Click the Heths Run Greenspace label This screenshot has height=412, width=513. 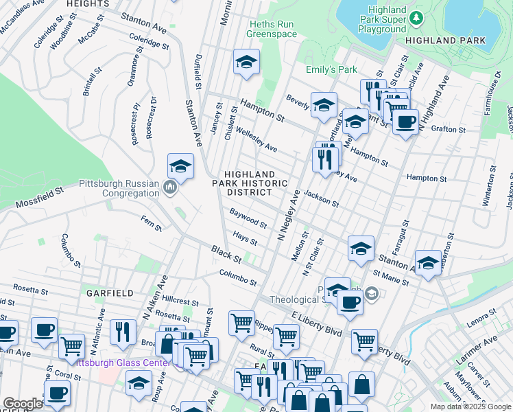[x=272, y=29]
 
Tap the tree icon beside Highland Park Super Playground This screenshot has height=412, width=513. [x=414, y=16]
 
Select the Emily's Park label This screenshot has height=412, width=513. [x=332, y=69]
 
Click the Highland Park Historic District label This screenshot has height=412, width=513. [x=249, y=183]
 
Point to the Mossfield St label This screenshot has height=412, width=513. [x=40, y=194]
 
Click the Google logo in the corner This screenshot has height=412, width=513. [x=23, y=404]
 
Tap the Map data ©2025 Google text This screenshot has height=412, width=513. [x=470, y=407]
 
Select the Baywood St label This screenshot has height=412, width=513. [x=248, y=219]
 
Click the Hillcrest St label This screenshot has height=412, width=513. [x=181, y=301]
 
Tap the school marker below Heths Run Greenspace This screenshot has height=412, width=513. [x=246, y=62]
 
